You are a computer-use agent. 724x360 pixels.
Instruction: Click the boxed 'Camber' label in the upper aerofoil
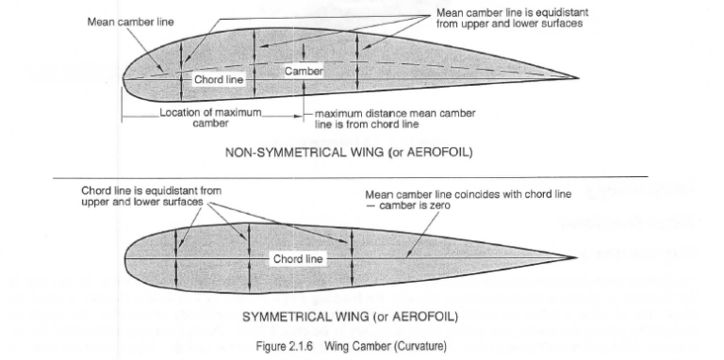click(x=303, y=72)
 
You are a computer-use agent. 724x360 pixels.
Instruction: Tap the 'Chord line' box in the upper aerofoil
click(x=219, y=80)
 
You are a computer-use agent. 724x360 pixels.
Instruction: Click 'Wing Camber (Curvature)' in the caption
click(x=384, y=346)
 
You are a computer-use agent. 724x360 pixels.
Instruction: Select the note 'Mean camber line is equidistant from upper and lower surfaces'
click(x=509, y=18)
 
